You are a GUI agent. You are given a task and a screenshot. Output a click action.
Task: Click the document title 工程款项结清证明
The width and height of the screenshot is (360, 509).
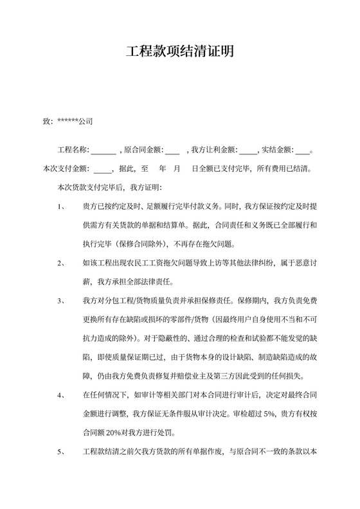(x=179, y=51)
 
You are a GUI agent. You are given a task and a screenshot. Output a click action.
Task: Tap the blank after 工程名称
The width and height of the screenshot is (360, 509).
(x=103, y=151)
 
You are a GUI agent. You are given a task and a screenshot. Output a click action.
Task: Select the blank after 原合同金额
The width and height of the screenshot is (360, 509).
(x=172, y=151)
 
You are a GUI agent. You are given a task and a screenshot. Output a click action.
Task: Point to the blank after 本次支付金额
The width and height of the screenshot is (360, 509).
(x=103, y=170)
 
